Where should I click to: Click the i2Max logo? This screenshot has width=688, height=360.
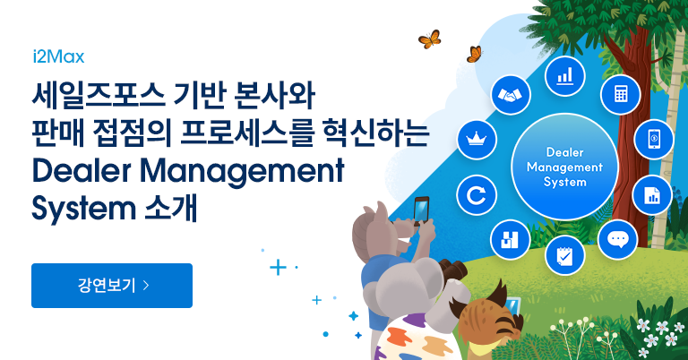[58, 56]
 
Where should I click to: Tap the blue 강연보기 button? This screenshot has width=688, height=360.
[112, 286]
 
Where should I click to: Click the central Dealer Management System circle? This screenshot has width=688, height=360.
[564, 167]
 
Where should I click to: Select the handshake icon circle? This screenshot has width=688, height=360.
[511, 95]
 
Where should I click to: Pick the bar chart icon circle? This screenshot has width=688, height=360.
[564, 76]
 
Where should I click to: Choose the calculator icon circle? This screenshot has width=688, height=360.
[621, 94]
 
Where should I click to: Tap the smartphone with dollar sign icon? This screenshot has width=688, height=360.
[654, 140]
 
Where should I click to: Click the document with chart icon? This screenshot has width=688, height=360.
[652, 195]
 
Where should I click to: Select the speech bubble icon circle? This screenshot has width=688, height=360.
[618, 239]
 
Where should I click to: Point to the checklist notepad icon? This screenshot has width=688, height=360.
[564, 255]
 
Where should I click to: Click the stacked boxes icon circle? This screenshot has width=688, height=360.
[510, 239]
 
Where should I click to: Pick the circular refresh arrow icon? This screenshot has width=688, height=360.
[477, 195]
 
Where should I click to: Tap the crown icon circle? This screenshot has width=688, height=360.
[477, 140]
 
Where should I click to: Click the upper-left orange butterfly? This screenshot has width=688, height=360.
[430, 39]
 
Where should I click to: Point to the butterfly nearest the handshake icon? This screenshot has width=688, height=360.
[474, 54]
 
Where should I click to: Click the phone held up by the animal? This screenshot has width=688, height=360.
[421, 210]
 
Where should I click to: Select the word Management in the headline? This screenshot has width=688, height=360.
[242, 172]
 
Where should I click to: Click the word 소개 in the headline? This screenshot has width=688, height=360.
[172, 208]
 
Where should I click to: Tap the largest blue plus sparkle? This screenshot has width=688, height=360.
[278, 267]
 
